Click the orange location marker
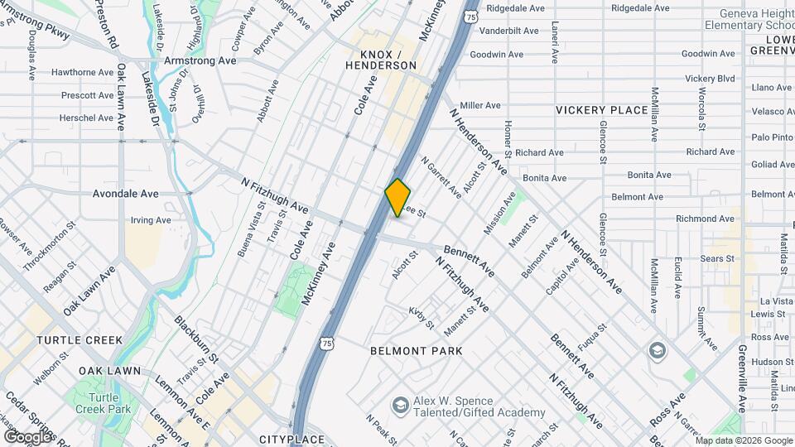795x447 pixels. [397, 198]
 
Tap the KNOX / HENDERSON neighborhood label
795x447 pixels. [380, 59]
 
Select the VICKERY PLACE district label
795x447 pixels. [601, 110]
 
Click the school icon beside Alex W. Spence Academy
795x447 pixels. [400, 404]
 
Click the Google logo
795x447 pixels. [26, 436]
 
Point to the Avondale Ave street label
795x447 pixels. [126, 194]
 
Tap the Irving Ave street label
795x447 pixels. [151, 220]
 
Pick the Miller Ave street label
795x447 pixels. [480, 105]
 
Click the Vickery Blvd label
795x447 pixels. [710, 78]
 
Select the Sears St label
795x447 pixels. [717, 258]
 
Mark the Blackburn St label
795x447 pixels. [196, 339]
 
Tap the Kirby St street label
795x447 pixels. [421, 317]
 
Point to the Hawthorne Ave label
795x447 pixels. [82, 72]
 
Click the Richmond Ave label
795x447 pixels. [705, 219]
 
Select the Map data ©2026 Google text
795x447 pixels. [744, 440]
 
